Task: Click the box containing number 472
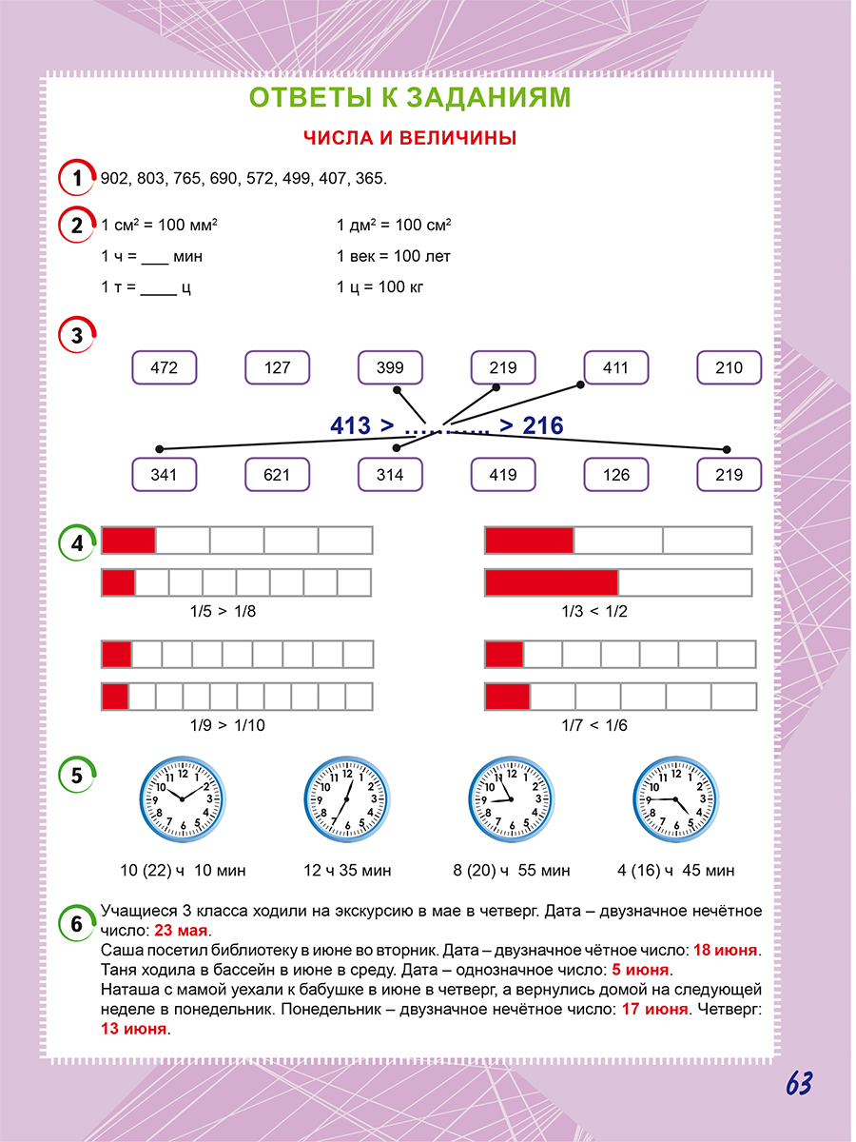pyautogui.click(x=165, y=367)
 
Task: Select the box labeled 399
pyautogui.click(x=390, y=367)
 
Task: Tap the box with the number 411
pyautogui.click(x=616, y=367)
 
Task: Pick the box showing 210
pyautogui.click(x=729, y=367)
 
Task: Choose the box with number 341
pyautogui.click(x=165, y=474)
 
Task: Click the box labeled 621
pyautogui.click(x=277, y=474)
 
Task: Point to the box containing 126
pyautogui.click(x=616, y=474)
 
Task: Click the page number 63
pyautogui.click(x=799, y=1084)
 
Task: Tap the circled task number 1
pyautogui.click(x=77, y=178)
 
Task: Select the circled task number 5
pyautogui.click(x=77, y=776)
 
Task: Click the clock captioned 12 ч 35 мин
pyautogui.click(x=346, y=798)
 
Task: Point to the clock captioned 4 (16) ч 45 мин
pyautogui.click(x=675, y=798)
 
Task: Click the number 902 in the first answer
pyautogui.click(x=114, y=179)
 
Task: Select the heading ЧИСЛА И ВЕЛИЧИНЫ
pyautogui.click(x=410, y=138)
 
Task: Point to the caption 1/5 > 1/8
pyautogui.click(x=223, y=611)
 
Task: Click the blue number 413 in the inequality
pyautogui.click(x=350, y=425)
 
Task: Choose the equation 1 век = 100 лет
pyautogui.click(x=394, y=256)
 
